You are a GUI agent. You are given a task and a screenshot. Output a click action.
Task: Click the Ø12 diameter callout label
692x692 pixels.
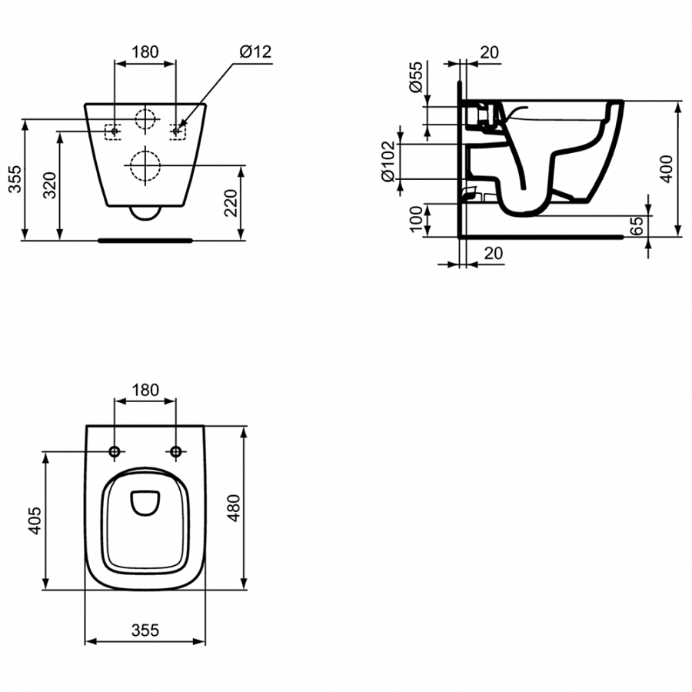point(255,52)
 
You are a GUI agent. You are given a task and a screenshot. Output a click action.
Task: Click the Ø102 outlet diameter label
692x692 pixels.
point(388,160)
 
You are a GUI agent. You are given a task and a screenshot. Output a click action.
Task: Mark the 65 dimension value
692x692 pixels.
point(636,225)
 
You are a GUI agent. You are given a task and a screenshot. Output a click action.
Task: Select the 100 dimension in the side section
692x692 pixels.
point(415,219)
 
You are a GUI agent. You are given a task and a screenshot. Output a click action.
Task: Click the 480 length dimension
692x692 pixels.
point(234,508)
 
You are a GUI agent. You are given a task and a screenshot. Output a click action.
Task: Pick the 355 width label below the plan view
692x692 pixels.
point(144,630)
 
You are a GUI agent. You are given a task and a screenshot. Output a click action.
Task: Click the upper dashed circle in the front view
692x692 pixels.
point(145,118)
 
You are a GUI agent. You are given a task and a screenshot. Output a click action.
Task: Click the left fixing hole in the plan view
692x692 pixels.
point(115,451)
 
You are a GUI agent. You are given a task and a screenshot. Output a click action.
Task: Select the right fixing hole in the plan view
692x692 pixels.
point(176,451)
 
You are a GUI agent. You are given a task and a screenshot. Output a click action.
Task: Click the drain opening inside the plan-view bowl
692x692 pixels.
point(145,503)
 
